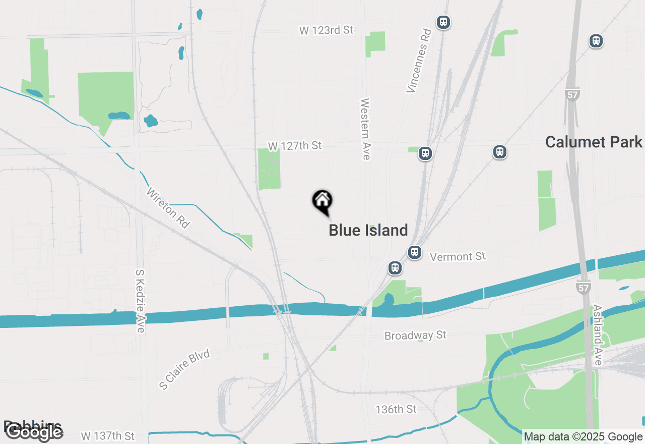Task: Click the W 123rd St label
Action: tap(327, 30)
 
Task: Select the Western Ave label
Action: tap(365, 129)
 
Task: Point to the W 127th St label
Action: tap(294, 146)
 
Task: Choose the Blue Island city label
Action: tap(368, 231)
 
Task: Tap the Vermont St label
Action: tap(458, 257)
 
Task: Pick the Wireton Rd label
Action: tap(168, 208)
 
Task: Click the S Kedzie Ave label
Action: tap(141, 301)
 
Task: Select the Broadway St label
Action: tap(415, 336)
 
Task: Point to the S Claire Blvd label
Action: tap(184, 369)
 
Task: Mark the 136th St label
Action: tap(396, 409)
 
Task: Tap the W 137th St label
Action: tap(108, 435)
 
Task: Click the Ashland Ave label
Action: tap(598, 335)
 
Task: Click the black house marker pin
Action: tap(322, 201)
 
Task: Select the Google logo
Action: tap(34, 432)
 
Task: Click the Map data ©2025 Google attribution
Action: tap(583, 437)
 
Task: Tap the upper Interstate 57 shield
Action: tap(572, 94)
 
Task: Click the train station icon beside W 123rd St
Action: tap(443, 22)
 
